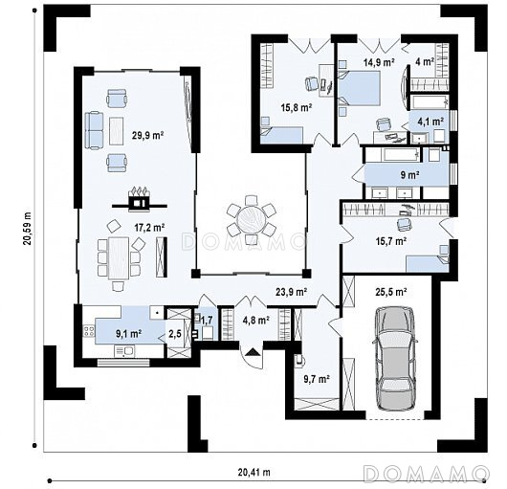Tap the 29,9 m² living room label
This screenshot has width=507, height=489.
147,135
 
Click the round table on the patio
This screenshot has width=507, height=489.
252,220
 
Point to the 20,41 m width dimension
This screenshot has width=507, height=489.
254,472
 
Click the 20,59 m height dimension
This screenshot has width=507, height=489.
27,229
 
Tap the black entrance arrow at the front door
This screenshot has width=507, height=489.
253,352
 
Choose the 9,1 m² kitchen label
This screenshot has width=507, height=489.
128,333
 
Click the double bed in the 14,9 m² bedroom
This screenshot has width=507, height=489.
359,87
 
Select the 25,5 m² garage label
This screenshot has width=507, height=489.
391,292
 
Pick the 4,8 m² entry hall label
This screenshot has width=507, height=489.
256,321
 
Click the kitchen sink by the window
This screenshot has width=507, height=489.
124,351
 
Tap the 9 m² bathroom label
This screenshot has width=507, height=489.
410,175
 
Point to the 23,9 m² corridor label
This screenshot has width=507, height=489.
291,292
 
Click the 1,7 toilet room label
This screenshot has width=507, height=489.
207,321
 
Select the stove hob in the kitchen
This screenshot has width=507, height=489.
89,330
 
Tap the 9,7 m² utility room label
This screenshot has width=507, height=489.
317,379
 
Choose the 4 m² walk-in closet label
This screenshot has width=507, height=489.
425,61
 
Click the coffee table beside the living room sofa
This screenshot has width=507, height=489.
117,131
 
